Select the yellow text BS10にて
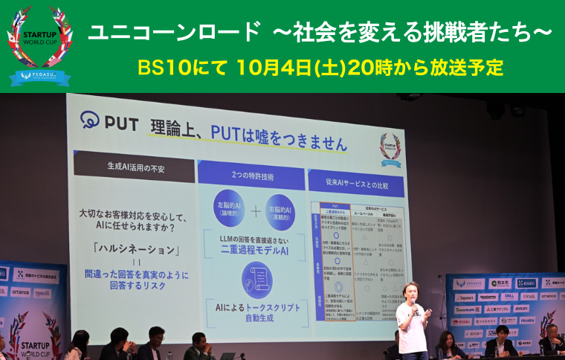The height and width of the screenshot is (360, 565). tap(184, 67)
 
